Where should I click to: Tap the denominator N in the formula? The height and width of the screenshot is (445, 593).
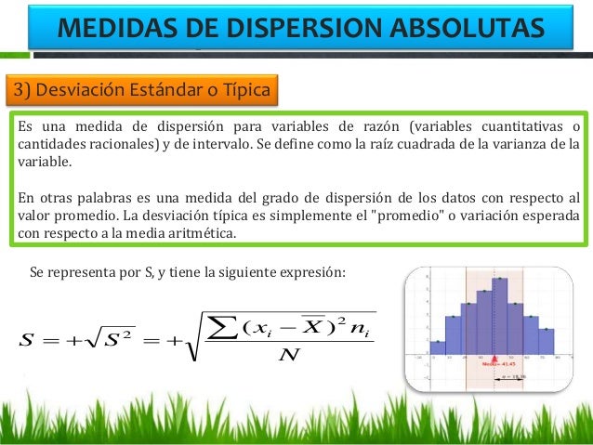pos(288,353)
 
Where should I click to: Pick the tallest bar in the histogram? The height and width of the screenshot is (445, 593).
pos(500,316)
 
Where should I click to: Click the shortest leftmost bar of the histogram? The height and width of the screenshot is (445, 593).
pos(438,347)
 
